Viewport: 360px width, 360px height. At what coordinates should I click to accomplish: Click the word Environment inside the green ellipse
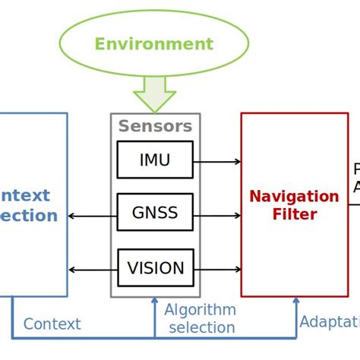153,44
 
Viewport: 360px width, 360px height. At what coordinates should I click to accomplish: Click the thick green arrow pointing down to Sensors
154,95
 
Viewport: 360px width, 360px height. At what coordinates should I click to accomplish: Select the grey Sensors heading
155,126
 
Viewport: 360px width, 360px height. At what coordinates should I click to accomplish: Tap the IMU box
155,160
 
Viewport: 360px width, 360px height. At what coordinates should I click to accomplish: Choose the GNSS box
155,213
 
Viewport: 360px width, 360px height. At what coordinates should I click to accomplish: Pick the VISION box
155,268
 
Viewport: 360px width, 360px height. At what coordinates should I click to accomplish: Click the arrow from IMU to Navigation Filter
217,161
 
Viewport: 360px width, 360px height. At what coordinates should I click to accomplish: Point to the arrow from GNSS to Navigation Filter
217,215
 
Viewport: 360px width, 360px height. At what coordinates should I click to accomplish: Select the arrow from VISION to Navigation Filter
217,270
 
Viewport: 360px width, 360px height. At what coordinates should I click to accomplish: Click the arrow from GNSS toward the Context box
92,216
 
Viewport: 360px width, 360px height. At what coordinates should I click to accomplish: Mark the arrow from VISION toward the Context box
92,270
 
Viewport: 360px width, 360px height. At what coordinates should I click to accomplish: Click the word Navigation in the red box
294,197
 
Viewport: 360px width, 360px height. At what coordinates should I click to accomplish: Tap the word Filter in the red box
295,215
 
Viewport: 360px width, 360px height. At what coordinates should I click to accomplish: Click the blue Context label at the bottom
52,324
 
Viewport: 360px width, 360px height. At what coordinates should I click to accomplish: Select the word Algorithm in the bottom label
200,310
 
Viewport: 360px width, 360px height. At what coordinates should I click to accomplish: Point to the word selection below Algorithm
201,328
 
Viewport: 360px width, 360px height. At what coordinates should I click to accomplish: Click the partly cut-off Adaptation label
330,322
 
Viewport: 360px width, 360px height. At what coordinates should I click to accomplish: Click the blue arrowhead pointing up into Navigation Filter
295,302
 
